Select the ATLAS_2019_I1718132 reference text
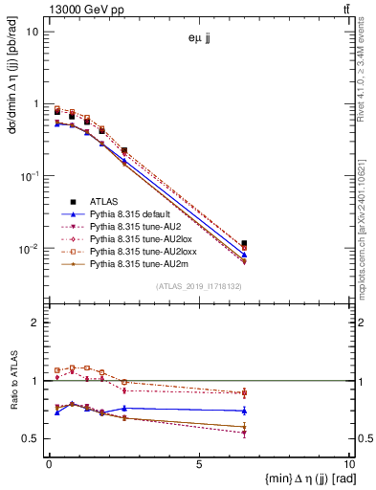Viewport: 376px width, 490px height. point(199,286)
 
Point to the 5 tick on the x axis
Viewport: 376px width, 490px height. point(199,463)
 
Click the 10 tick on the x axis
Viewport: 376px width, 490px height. point(348,463)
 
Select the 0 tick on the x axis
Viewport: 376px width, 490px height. point(49,463)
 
